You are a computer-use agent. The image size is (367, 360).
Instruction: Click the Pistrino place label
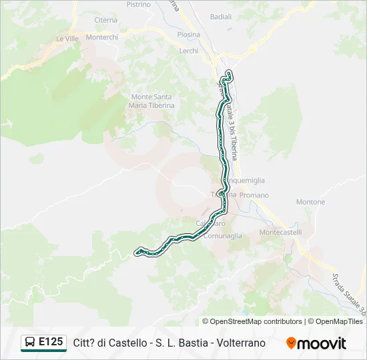tap(138, 4)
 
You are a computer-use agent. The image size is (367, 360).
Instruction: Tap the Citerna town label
tap(105, 21)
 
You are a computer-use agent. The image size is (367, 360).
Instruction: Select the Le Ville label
tap(67, 39)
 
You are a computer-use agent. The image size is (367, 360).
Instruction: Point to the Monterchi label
tap(102, 37)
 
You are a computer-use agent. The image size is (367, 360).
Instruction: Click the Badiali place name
tap(220, 16)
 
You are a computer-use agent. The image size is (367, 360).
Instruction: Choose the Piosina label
tap(189, 35)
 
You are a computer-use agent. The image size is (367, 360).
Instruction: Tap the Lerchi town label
tap(189, 51)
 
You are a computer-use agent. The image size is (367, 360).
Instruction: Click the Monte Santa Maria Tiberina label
tap(153, 101)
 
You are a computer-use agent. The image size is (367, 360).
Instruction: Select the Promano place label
tap(254, 195)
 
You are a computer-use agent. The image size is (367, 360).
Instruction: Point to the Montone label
tap(310, 202)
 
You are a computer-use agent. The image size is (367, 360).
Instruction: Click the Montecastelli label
tap(280, 232)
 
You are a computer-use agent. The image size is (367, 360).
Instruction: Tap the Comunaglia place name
tap(223, 235)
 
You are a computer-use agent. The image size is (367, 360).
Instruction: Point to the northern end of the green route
tap(229, 72)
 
